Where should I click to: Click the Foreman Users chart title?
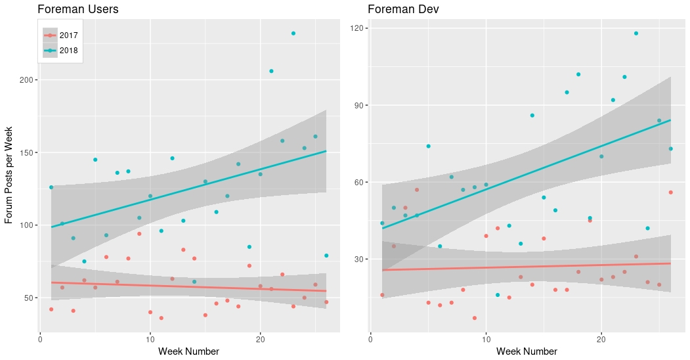[78, 9]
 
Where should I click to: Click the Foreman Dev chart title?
[403, 9]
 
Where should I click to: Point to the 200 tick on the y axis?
[28, 80]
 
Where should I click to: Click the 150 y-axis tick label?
[28, 152]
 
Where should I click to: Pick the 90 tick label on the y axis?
[360, 105]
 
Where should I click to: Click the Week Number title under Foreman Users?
[188, 351]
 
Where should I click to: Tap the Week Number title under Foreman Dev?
[527, 351]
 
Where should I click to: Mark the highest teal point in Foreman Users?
[293, 34]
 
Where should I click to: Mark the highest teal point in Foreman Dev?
[636, 34]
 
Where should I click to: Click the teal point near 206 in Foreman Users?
[271, 71]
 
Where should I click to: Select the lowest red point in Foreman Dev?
[474, 318]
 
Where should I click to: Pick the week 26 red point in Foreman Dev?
[671, 192]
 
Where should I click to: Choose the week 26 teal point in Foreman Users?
[326, 256]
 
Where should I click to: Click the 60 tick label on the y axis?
[360, 182]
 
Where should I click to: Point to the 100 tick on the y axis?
[28, 225]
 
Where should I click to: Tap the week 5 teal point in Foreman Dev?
[428, 146]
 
